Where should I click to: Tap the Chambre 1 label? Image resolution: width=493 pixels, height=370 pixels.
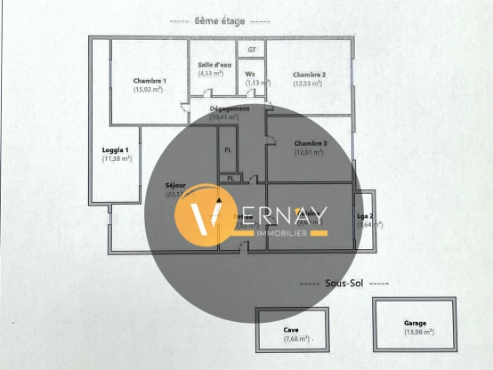click(x=150, y=80)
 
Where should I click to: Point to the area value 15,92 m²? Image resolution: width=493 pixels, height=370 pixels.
click(x=150, y=89)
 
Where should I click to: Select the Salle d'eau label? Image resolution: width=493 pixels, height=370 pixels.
click(x=212, y=64)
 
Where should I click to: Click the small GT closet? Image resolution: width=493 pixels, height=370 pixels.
click(x=252, y=50)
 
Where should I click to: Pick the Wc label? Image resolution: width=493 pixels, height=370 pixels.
click(x=251, y=74)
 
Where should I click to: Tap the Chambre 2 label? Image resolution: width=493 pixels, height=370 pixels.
click(x=309, y=75)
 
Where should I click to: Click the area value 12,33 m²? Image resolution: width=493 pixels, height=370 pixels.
click(x=309, y=84)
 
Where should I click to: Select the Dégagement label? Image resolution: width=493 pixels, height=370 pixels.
click(x=230, y=109)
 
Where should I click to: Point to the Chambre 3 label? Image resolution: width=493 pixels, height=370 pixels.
click(x=311, y=143)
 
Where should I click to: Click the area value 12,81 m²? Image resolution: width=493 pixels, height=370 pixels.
click(x=311, y=152)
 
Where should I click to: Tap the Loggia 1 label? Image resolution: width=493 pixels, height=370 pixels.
click(x=117, y=150)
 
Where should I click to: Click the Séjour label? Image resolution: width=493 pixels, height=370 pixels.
click(x=175, y=185)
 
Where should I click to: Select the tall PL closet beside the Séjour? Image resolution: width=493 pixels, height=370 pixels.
click(x=228, y=149)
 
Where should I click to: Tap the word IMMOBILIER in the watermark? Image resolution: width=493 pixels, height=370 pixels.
click(x=282, y=233)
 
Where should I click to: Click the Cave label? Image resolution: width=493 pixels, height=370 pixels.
click(x=291, y=329)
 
